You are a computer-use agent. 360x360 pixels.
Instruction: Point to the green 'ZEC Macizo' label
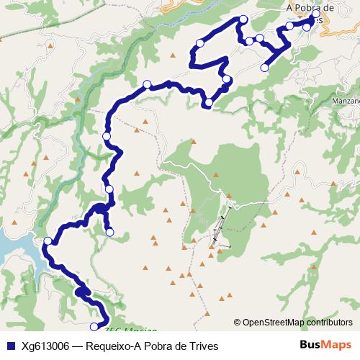(x=131, y=331)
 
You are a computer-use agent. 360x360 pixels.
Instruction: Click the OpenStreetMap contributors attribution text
(x=297, y=323)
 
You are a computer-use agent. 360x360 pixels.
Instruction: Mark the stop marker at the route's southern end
(x=94, y=328)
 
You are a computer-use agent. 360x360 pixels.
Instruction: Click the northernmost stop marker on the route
(x=243, y=19)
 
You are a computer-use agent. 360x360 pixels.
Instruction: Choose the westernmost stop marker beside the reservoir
(x=48, y=241)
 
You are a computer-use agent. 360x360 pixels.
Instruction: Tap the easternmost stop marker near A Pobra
(x=315, y=14)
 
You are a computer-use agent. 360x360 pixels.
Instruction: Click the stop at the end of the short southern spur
(x=109, y=232)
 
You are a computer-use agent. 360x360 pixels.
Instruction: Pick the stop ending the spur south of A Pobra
(x=264, y=68)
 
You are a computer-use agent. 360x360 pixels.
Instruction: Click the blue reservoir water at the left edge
(x=11, y=248)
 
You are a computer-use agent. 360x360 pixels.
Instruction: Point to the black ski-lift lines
(x=220, y=230)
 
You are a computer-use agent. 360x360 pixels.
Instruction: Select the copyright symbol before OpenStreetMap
(x=238, y=323)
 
